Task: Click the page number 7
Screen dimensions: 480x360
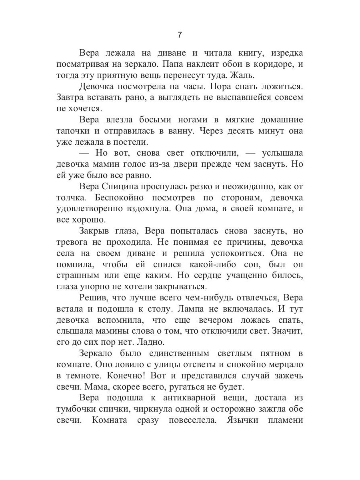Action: pos(180,35)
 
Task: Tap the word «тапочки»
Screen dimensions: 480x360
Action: pos(72,131)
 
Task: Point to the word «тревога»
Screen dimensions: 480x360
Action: pos(73,242)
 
